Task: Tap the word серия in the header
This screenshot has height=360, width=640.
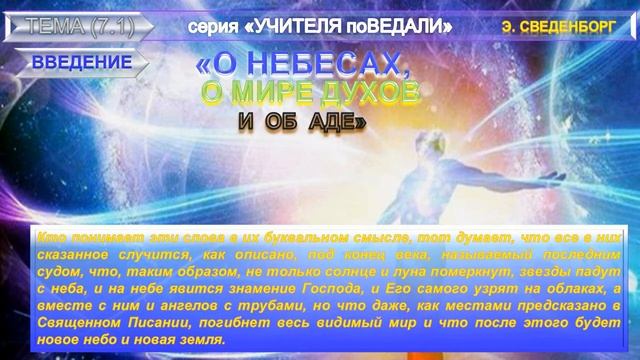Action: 212,22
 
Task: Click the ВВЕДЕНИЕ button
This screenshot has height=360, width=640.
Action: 81,63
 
